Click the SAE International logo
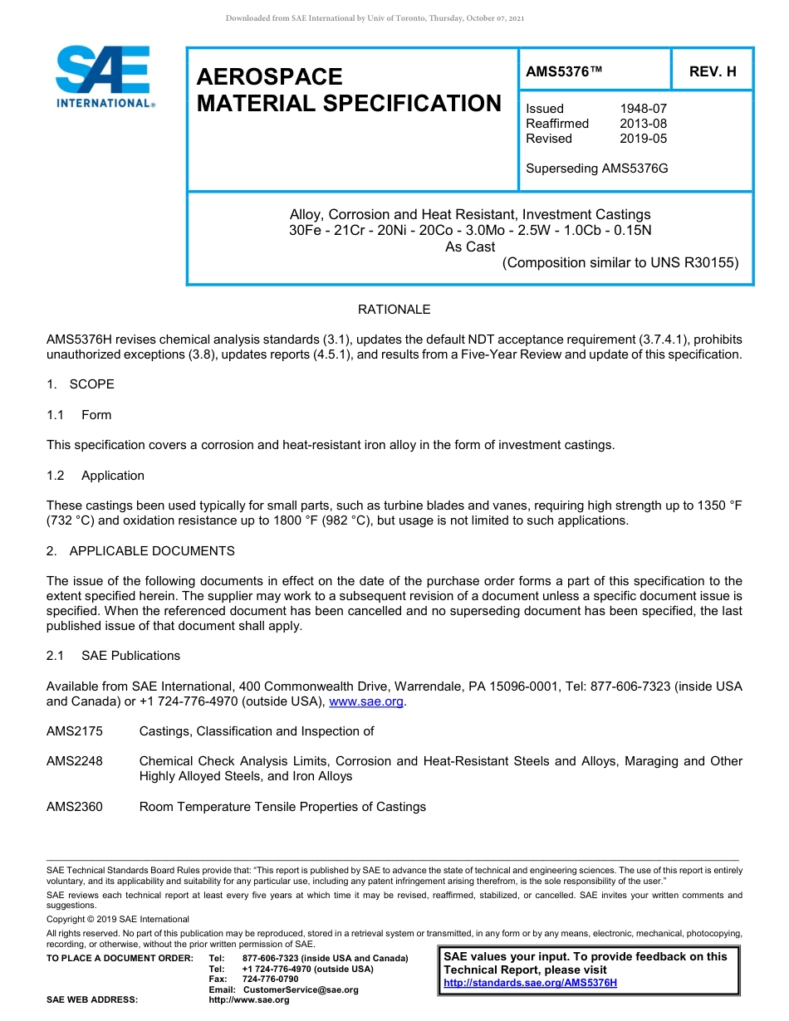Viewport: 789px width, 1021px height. point(104,76)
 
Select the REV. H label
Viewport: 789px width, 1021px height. point(712,72)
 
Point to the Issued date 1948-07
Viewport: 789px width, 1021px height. point(643,109)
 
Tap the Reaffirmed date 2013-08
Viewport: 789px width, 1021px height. point(643,124)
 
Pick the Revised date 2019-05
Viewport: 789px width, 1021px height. point(643,139)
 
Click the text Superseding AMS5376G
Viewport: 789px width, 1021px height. point(596,169)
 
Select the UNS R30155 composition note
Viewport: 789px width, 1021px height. point(620,263)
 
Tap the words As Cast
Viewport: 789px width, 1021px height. point(470,247)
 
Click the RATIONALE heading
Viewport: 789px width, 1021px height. point(394,310)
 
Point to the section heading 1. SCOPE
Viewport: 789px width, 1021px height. point(81,384)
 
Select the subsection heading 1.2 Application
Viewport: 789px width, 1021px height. point(96,476)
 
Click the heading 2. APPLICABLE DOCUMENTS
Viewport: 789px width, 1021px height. point(140,551)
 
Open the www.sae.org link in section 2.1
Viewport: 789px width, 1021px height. point(366,701)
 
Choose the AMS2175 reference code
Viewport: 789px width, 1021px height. point(75,731)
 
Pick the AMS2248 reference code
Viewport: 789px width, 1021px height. point(75,761)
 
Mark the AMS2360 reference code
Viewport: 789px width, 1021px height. point(75,807)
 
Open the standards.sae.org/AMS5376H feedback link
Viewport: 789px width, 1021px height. point(530,983)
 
